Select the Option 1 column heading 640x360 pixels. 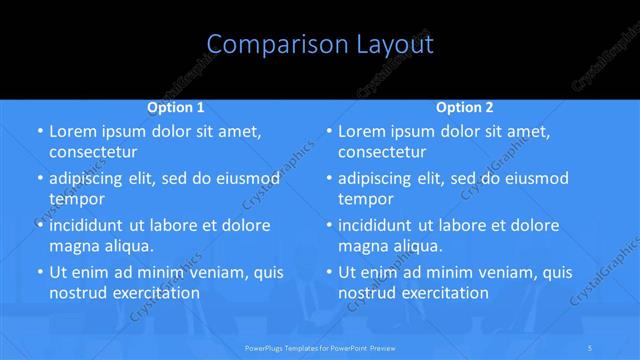pyautogui.click(x=176, y=106)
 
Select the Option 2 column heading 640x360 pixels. pyautogui.click(x=465, y=106)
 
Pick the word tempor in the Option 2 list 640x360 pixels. pyautogui.click(x=367, y=198)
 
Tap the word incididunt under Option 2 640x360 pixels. pyautogui.click(x=381, y=225)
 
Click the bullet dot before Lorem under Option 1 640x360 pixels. pyautogui.click(x=39, y=132)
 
